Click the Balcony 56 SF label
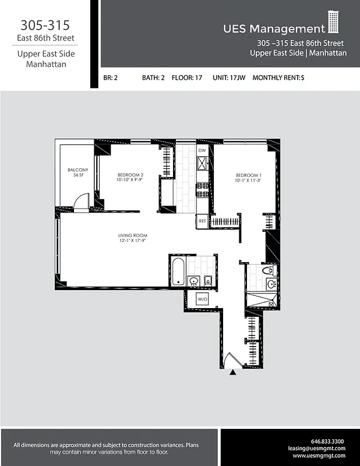click(77, 172)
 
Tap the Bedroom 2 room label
click(130, 177)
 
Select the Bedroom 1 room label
click(249, 178)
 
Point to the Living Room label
click(132, 238)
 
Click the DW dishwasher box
click(202, 151)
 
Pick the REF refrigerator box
click(202, 221)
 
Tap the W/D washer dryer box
click(203, 300)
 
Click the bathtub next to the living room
click(178, 272)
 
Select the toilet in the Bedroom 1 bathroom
click(268, 271)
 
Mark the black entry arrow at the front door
click(233, 373)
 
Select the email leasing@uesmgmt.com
click(317, 449)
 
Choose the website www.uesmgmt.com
click(319, 456)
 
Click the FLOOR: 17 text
click(187, 77)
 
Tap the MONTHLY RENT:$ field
click(278, 77)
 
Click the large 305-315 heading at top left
click(45, 25)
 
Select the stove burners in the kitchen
click(202, 190)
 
